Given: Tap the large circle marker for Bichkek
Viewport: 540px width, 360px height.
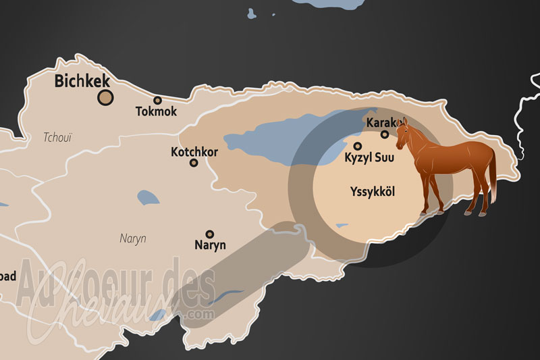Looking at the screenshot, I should click(105, 98).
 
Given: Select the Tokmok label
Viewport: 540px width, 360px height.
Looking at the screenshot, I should click(156, 111).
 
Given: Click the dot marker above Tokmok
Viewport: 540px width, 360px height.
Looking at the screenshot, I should click(158, 101).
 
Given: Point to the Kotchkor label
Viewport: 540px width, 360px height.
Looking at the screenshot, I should click(194, 152).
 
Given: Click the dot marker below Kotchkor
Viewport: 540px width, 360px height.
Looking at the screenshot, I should click(194, 163).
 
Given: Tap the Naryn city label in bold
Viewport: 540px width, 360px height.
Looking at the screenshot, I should click(210, 245).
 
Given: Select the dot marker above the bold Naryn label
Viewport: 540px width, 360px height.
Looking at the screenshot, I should click(210, 234).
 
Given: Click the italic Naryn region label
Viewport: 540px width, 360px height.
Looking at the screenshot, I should click(133, 238).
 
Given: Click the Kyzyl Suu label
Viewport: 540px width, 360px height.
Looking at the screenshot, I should click(370, 158).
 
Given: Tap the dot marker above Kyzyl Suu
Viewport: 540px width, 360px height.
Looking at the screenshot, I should click(358, 146).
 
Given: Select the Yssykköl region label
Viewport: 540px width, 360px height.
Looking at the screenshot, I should click(373, 192).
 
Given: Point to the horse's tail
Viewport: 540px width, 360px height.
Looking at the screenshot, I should click(493, 176).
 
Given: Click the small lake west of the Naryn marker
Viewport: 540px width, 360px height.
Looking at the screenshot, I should click(148, 199).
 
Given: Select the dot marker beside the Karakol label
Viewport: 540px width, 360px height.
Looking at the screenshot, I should click(385, 134).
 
